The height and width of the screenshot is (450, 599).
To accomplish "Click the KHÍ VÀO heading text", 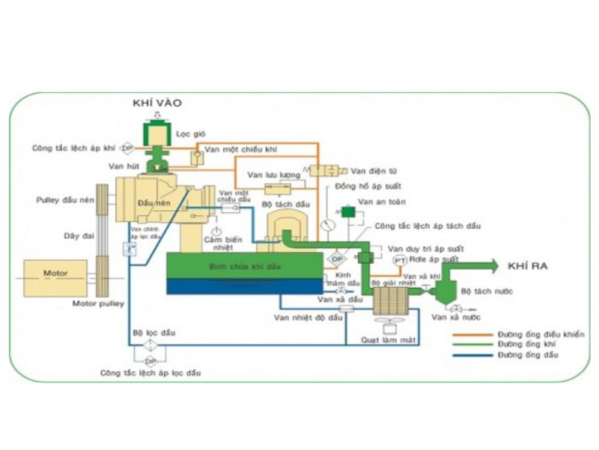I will click(157, 103).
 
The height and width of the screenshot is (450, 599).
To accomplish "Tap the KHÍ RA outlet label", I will click(526, 265).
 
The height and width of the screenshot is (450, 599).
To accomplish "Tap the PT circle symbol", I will click(400, 259).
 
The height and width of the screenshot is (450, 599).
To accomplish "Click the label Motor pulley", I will click(98, 304).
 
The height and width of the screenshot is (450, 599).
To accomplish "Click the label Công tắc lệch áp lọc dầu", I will click(150, 373).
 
